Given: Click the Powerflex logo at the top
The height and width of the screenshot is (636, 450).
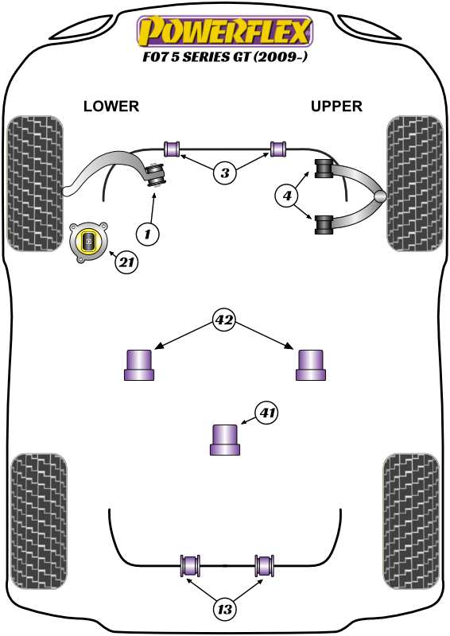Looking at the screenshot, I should point(225,32).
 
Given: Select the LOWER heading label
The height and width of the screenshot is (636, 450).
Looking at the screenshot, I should point(111,106).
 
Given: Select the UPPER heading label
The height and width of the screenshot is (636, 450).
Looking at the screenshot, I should point(337,106).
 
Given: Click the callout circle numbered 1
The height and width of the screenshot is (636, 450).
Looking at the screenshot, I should point(147,234).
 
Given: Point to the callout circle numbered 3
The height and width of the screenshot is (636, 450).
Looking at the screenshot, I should point(226,173).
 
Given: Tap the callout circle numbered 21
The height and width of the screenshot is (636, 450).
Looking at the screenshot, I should point(126,262).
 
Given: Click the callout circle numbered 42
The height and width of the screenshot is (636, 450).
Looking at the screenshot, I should point(225,320).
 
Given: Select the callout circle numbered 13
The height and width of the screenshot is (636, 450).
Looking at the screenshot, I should point(226,609).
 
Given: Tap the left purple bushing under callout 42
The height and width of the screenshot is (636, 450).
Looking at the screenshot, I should point(140,365).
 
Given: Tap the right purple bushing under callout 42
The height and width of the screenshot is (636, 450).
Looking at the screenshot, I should point(311,365).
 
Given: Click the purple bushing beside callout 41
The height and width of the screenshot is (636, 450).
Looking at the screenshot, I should point(225,440).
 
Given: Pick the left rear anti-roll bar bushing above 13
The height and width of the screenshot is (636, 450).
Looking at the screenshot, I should point(190,566).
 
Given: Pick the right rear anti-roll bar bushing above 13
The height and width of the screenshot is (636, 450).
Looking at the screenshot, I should point(265,566).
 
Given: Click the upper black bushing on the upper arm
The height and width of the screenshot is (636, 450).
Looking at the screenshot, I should point(324,170).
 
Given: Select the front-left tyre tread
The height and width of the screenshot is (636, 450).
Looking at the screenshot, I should point(34,183).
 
